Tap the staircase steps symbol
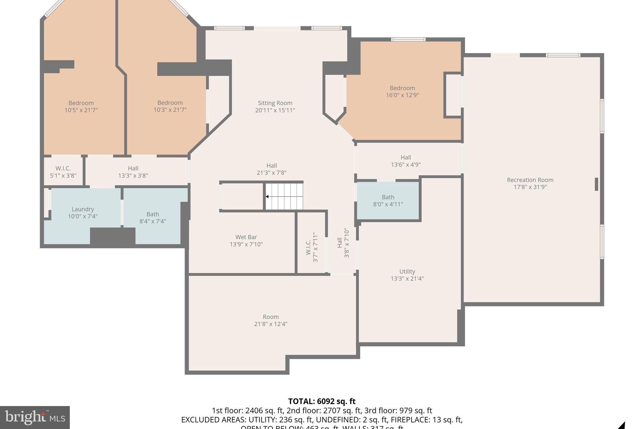pos(284,196)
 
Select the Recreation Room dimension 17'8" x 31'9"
pos(530,187)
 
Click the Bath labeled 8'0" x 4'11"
pos(388,201)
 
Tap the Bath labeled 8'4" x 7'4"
pos(153,217)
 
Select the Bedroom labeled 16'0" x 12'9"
pos(402,91)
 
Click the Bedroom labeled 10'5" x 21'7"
pos(81,106)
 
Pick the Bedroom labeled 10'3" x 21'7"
pos(170,106)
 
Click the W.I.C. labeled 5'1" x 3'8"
pos(63,172)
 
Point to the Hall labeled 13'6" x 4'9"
pos(406,161)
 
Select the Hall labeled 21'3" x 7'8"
pos(272,169)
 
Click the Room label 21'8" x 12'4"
pos(271,320)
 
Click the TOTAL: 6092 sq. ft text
pos(322,401)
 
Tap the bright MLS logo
pos(35,417)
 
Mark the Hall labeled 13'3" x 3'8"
pos(133,172)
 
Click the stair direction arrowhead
pos(267,197)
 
